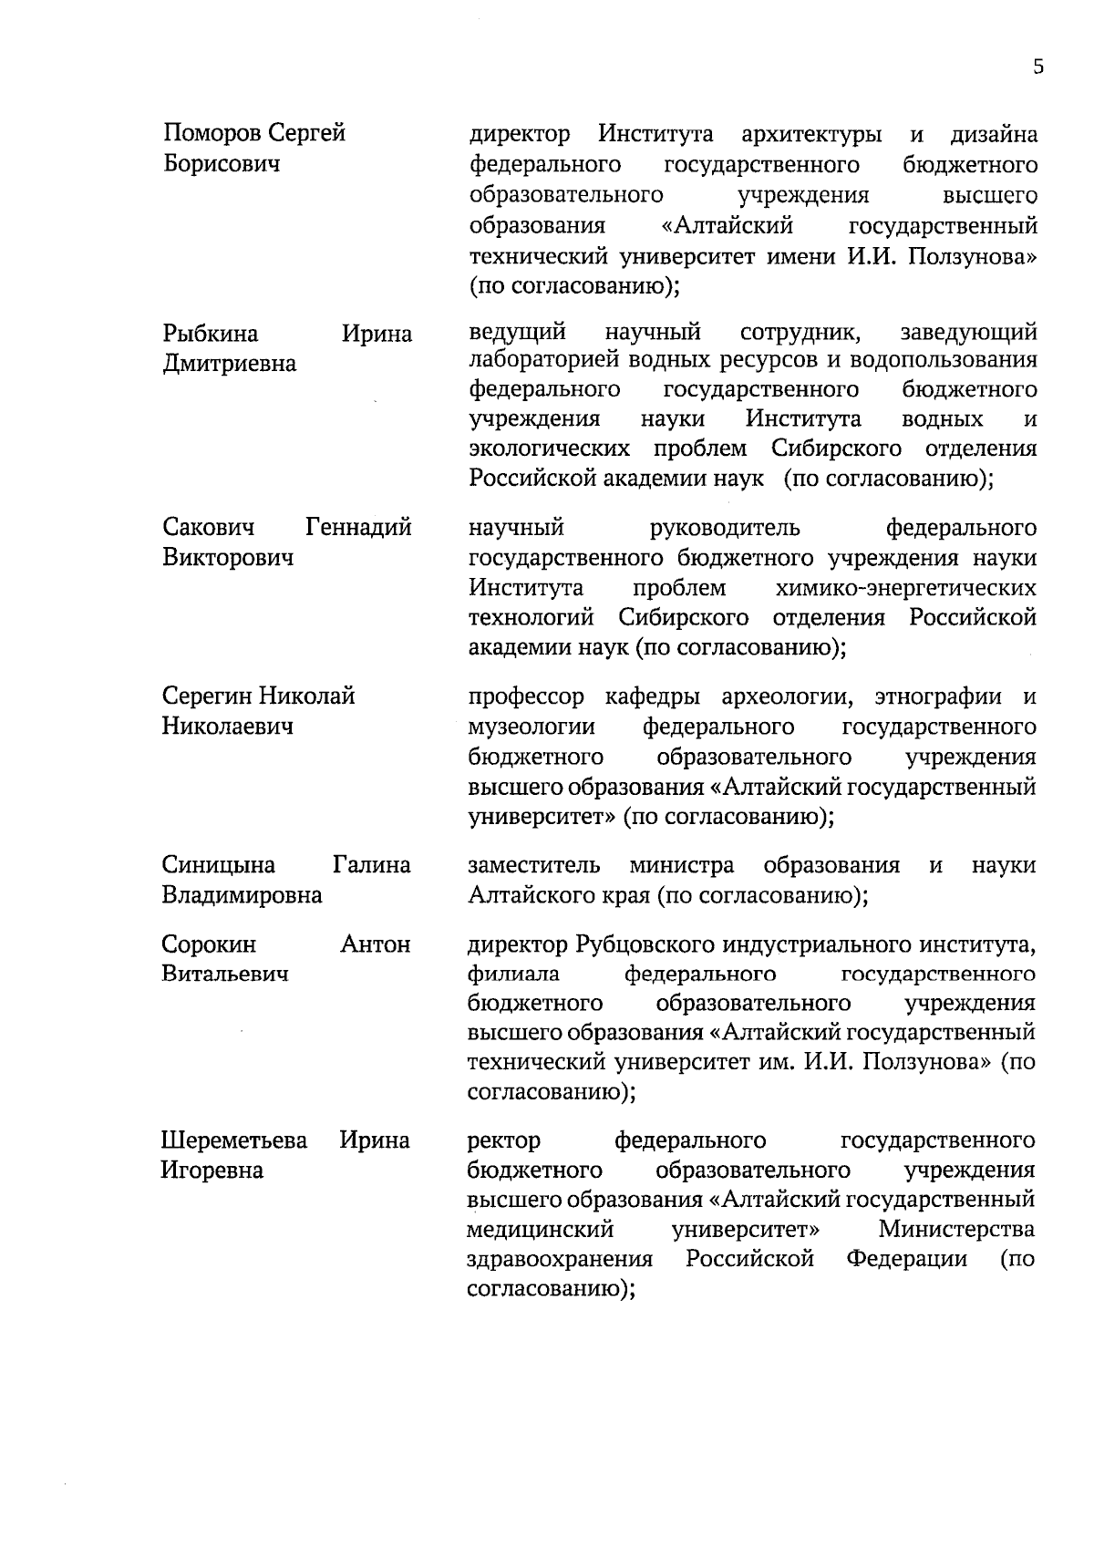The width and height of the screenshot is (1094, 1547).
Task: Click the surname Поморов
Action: [212, 134]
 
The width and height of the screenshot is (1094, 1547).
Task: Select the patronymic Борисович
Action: [222, 164]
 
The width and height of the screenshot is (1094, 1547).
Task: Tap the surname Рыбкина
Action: [211, 334]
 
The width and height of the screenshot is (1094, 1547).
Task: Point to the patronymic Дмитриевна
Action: [229, 364]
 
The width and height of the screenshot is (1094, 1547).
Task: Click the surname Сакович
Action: [209, 527]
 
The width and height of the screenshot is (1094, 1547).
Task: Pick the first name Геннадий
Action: [358, 527]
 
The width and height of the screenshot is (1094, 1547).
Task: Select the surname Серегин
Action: [207, 696]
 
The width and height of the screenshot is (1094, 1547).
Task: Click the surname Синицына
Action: [219, 865]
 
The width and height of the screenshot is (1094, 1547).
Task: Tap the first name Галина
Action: [371, 865]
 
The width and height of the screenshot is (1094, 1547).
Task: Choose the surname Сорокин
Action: [209, 944]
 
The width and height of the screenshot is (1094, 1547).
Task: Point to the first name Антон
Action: [375, 944]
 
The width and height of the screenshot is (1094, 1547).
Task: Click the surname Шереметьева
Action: [234, 1140]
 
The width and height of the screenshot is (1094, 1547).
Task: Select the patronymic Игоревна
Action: [212, 1171]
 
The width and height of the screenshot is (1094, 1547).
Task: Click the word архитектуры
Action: [811, 135]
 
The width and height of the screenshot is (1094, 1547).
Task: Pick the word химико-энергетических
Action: [905, 588]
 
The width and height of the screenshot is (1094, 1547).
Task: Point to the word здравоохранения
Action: [560, 1260]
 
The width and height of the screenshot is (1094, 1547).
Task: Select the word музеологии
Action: [532, 727]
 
